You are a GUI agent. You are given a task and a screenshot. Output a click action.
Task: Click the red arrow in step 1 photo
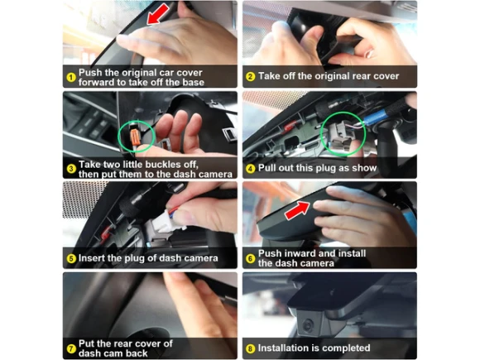(157, 14)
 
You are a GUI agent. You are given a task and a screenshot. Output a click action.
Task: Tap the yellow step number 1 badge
(71, 77)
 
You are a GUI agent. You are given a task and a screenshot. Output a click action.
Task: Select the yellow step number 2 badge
(251, 76)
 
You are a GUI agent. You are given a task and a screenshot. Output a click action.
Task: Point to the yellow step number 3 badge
(71, 169)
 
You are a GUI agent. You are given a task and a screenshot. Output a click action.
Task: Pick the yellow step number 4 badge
(251, 169)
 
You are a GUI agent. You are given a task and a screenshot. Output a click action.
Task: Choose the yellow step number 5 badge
(71, 259)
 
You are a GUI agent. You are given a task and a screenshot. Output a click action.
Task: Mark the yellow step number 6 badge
(251, 259)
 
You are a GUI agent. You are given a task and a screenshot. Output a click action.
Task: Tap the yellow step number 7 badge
(71, 348)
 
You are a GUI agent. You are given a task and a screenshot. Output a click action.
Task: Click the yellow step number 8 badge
(251, 348)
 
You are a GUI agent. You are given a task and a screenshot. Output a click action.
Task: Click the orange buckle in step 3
(135, 137)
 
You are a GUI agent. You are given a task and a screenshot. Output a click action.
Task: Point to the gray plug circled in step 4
(339, 135)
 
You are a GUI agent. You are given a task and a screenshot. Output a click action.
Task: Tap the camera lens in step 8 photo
(308, 324)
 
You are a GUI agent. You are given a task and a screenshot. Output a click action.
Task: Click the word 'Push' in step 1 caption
(90, 73)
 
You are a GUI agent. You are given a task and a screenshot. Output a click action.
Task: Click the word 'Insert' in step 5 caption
(91, 258)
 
